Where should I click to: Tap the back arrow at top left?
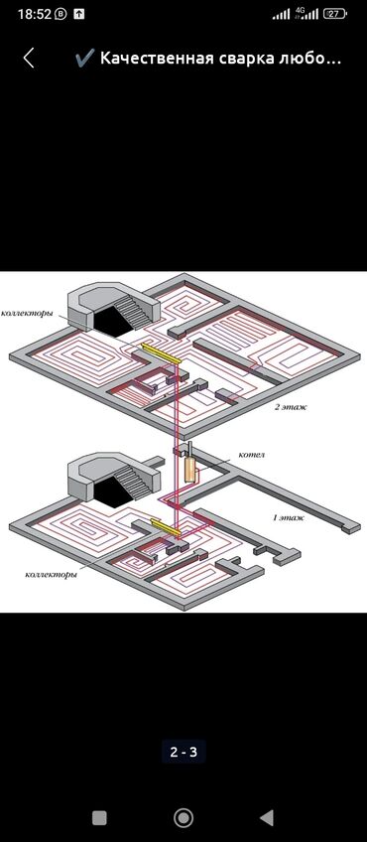[x=29, y=58]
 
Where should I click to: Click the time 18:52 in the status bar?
[x=35, y=14]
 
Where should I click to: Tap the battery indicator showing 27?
[x=334, y=14]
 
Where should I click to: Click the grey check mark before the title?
[x=84, y=58]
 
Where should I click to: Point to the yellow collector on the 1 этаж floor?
[x=166, y=527]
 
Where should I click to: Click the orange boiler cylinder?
[x=189, y=470]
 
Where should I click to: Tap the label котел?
[x=252, y=455]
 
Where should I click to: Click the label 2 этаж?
[x=292, y=407]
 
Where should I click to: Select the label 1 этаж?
[x=290, y=517]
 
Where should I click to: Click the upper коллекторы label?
[x=27, y=314]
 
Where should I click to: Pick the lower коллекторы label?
[x=51, y=575]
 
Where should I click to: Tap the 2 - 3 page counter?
[x=183, y=753]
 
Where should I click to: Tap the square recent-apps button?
[x=99, y=818]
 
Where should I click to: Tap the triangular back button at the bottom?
[x=267, y=818]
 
